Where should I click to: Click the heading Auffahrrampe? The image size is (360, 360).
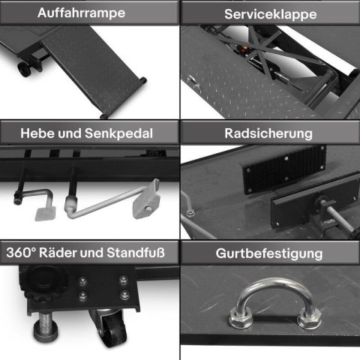(x=81, y=13)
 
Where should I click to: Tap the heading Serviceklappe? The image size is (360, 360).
(x=271, y=14)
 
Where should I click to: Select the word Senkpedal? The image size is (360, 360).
(x=118, y=133)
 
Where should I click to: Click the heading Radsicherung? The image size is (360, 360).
(x=268, y=133)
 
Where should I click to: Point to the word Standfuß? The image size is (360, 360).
(x=136, y=253)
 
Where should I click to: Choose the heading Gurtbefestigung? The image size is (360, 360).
(x=269, y=253)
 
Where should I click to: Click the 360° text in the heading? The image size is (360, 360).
(x=21, y=253)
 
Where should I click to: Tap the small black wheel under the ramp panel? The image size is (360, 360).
(x=24, y=69)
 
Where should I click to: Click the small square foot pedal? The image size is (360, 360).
(x=45, y=214)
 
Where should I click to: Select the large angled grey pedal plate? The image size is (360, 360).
(x=146, y=199)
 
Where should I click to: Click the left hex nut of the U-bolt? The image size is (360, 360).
(x=241, y=318)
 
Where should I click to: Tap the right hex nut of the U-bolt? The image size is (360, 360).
(x=309, y=319)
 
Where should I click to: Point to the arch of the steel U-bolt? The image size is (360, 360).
(x=275, y=283)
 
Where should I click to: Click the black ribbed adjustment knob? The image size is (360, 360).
(x=45, y=281)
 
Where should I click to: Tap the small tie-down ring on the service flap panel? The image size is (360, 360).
(x=192, y=80)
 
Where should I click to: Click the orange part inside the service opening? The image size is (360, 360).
(x=245, y=47)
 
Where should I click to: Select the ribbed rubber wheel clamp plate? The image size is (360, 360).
(x=283, y=169)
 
